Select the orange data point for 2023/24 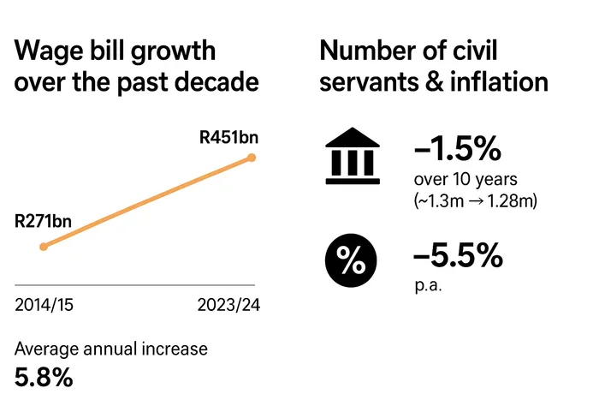pos(252,157)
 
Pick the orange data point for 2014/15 pos(44,246)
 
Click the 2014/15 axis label pos(44,305)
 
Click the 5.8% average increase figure pos(44,376)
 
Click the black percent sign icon pos(349,260)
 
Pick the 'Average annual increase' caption pos(111,349)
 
